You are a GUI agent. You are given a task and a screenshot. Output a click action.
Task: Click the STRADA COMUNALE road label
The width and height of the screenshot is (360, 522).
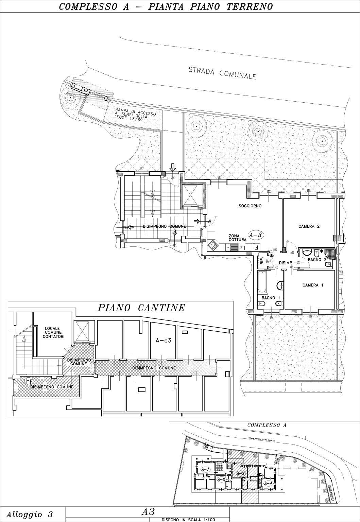coord(222,73)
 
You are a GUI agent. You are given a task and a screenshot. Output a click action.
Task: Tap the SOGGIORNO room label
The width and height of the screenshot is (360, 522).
coord(250,206)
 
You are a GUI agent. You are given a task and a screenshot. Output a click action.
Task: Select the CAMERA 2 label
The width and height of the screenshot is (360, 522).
coord(309,226)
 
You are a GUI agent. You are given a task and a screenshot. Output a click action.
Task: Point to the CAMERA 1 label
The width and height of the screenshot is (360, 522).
coord(313,285)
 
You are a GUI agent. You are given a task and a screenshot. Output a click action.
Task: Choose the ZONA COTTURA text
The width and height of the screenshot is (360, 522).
coord(237,238)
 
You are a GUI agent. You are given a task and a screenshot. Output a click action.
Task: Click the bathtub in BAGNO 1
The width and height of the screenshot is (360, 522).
coord(262,281)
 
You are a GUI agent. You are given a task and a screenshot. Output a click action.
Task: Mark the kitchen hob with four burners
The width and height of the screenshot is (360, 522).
coord(213,245)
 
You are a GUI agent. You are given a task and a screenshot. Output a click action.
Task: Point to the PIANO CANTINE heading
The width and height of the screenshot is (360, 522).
coord(141,308)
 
